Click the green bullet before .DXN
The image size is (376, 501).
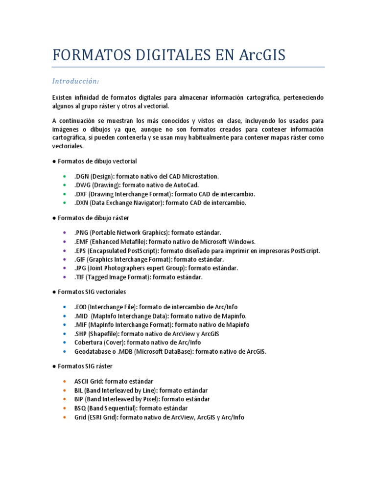(x=64, y=203)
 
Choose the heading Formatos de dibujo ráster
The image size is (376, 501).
(x=93, y=218)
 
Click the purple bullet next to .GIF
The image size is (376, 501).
(x=64, y=259)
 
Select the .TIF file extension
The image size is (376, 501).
(x=81, y=277)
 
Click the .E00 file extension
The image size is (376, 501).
(x=81, y=307)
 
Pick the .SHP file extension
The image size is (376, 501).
(x=81, y=334)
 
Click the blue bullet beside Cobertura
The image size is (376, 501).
(x=64, y=342)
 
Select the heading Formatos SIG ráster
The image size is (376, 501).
(x=85, y=366)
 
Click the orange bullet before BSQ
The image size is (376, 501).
(x=64, y=408)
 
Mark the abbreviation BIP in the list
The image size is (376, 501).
(x=79, y=399)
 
